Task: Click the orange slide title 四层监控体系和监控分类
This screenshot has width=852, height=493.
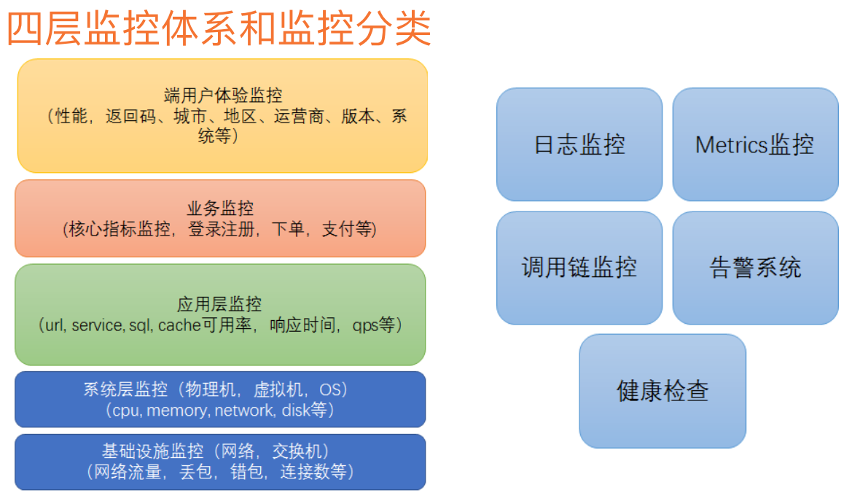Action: coord(219,30)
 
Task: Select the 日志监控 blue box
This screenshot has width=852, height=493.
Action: coord(579,144)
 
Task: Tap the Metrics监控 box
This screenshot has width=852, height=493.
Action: coord(754,144)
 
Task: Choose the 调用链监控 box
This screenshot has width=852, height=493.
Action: coord(579,268)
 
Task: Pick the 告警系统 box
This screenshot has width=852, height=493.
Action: coord(755,268)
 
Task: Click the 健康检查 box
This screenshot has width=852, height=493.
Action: coord(663,391)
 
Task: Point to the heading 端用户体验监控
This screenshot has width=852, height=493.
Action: coord(223,96)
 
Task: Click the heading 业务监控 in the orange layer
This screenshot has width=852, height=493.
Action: coord(220,209)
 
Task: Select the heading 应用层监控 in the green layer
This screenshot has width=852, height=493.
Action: coord(219,303)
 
